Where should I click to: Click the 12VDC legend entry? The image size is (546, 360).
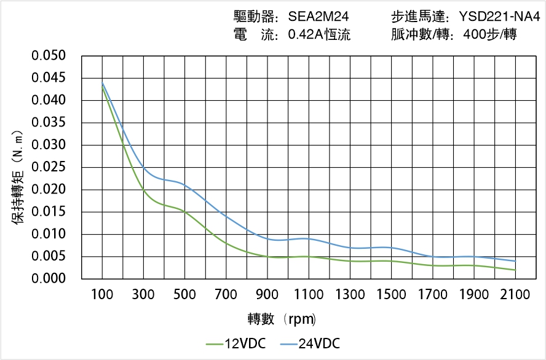(237, 343)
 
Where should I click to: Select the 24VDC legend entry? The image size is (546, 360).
(311, 343)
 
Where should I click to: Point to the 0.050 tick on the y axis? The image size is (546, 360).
(49, 56)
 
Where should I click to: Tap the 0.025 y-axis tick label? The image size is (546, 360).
(49, 167)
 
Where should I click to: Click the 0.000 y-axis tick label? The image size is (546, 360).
(49, 279)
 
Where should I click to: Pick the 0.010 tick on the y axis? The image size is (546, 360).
(49, 234)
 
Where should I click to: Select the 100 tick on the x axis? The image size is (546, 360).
(102, 295)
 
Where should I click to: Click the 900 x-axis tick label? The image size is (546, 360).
(267, 295)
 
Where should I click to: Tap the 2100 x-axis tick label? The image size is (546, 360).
(515, 295)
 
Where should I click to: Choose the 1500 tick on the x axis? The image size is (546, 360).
(391, 295)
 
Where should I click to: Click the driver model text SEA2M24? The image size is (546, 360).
(318, 17)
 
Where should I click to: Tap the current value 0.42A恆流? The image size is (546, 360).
(319, 35)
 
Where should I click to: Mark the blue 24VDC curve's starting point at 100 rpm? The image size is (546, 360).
(102, 83)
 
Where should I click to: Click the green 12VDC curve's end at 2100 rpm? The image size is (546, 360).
(515, 270)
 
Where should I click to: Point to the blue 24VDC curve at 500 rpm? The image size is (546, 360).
(185, 184)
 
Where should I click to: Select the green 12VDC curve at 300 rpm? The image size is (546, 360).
(143, 189)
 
